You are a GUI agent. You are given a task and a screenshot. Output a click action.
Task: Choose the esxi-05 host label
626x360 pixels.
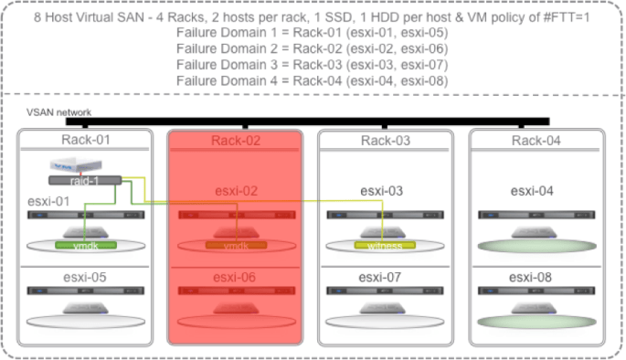tap(85, 277)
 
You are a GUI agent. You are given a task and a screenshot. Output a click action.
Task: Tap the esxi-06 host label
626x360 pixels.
tap(235, 277)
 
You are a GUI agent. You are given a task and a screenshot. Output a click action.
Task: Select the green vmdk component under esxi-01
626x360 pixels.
tap(81, 246)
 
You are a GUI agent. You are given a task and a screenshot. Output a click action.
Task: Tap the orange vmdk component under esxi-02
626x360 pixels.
tap(236, 246)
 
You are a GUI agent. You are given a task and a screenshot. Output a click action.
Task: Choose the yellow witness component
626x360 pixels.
tap(384, 246)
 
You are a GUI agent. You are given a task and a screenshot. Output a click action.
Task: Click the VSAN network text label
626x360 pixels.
tap(60, 111)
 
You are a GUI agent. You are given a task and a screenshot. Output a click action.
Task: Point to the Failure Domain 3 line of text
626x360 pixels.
tap(312, 63)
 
